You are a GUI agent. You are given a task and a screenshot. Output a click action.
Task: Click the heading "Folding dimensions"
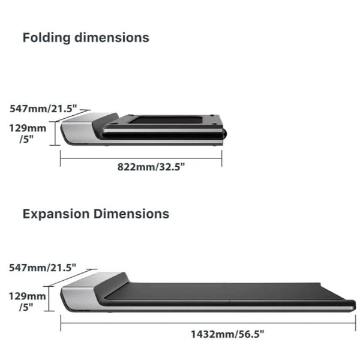tap(86, 37)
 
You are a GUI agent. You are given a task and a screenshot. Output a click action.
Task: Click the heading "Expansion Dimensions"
tap(96, 214)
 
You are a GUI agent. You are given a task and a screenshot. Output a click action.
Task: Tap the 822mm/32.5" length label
tap(151, 166)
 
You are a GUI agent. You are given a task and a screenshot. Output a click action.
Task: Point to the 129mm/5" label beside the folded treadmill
tap(28, 133)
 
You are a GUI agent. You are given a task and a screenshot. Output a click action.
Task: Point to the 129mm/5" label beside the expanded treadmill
tap(28, 301)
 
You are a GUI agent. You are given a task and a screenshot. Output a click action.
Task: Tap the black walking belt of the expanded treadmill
tap(228, 291)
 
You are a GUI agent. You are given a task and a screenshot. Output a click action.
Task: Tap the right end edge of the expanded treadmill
tap(353, 304)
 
